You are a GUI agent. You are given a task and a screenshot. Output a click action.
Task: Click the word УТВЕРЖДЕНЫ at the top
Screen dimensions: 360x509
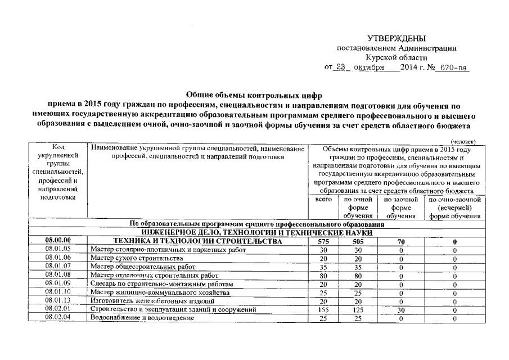[x=397, y=38]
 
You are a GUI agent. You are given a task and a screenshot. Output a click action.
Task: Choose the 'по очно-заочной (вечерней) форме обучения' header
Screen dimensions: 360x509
[x=454, y=208]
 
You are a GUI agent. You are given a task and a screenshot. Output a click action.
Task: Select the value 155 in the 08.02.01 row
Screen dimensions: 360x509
[x=323, y=310]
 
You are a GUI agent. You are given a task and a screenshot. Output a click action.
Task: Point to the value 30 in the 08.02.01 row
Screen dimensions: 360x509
[x=400, y=310]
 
